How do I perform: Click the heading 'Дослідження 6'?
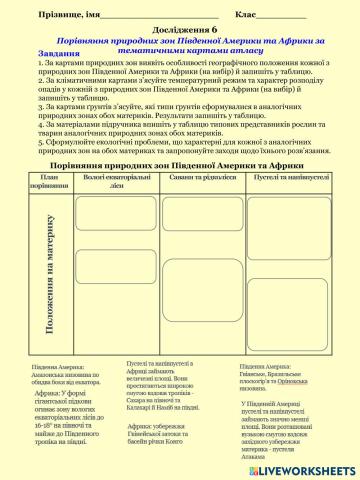click(x=180, y=30)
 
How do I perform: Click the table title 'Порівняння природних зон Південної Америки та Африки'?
click(x=180, y=161)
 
